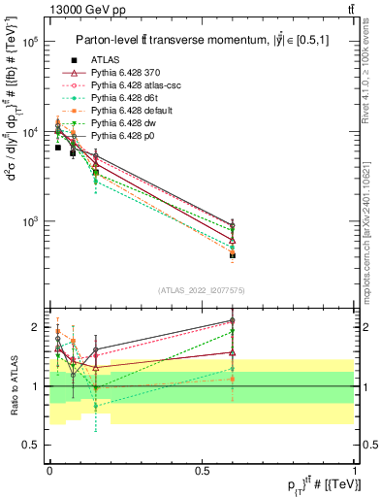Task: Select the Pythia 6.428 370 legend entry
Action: tap(130, 74)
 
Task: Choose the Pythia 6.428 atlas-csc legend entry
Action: tap(138, 85)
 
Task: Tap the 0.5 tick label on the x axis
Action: tap(202, 469)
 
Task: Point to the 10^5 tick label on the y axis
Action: tap(30, 43)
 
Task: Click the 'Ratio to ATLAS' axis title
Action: tap(13, 385)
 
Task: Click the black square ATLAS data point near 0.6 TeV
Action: tap(233, 255)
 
